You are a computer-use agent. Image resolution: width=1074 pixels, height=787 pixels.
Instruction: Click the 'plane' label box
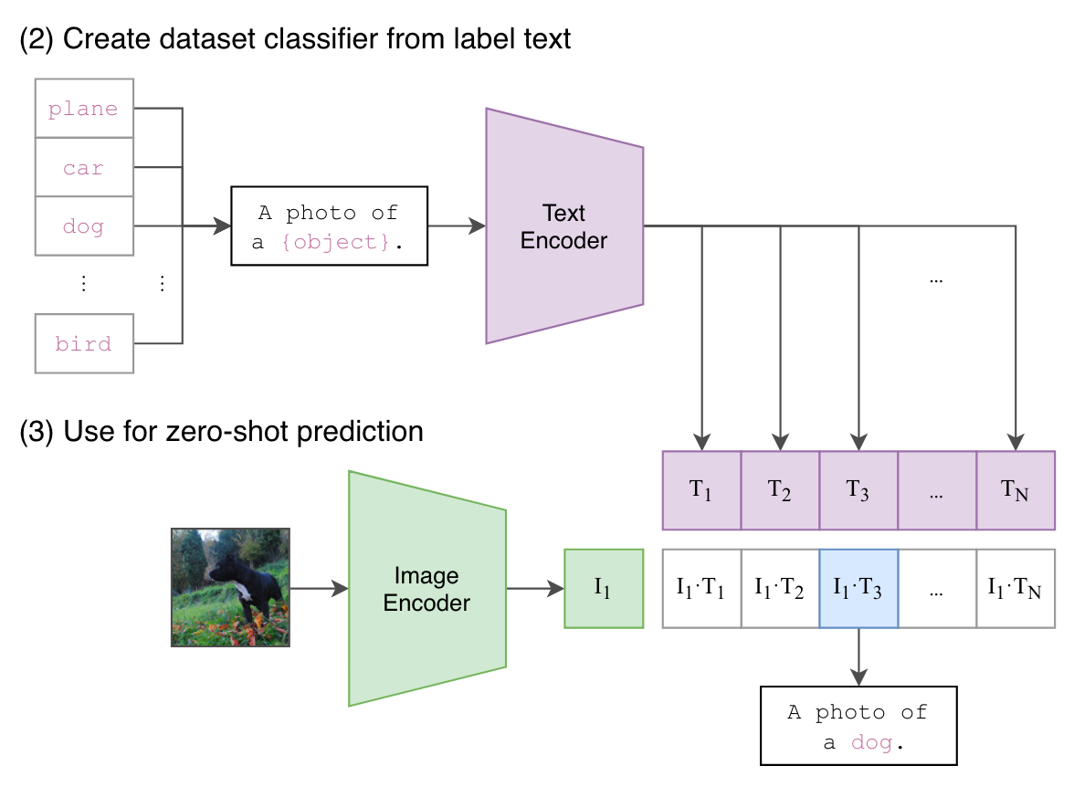pos(84,109)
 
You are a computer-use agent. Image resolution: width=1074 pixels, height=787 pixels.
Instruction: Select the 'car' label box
pos(84,167)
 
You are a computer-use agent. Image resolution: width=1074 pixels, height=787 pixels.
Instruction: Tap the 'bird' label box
pos(84,344)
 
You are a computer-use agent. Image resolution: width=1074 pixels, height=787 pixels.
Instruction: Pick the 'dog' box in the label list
pos(84,226)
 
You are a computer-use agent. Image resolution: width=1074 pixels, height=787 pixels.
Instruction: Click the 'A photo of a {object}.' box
pos(330,226)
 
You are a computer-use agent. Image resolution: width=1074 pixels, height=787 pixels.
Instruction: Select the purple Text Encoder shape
pos(564,226)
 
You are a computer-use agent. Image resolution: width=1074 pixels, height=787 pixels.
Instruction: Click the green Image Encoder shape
pos(427,588)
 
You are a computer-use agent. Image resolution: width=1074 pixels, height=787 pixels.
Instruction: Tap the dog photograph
pos(231,588)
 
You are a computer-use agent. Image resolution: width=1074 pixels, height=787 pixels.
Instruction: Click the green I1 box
pos(604,588)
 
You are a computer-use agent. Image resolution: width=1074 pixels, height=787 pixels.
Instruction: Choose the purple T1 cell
pos(701,490)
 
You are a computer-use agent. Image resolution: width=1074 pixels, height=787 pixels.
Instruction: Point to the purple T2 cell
pos(780,490)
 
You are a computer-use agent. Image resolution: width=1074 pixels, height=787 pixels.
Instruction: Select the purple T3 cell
pos(858,490)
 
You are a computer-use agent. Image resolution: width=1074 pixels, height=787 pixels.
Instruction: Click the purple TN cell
pos(1016,490)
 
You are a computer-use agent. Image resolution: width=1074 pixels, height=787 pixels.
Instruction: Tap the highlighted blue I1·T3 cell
pos(858,588)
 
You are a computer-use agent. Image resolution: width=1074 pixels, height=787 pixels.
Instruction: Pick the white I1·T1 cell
pos(701,588)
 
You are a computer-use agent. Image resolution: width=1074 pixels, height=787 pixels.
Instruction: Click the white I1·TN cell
pos(1016,588)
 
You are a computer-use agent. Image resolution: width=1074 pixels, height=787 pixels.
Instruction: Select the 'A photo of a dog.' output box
pos(858,726)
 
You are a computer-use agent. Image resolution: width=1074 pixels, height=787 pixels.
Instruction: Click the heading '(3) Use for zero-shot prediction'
pos(221,432)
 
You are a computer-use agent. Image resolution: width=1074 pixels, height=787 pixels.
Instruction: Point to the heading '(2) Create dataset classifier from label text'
pos(295,38)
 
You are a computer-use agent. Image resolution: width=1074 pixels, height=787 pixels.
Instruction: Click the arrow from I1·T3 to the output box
pos(858,656)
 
